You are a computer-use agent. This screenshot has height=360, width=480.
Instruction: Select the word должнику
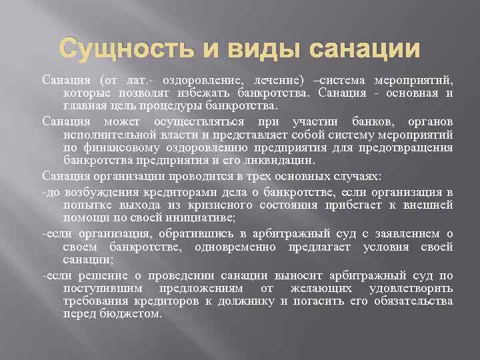pyautogui.click(x=251, y=301)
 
